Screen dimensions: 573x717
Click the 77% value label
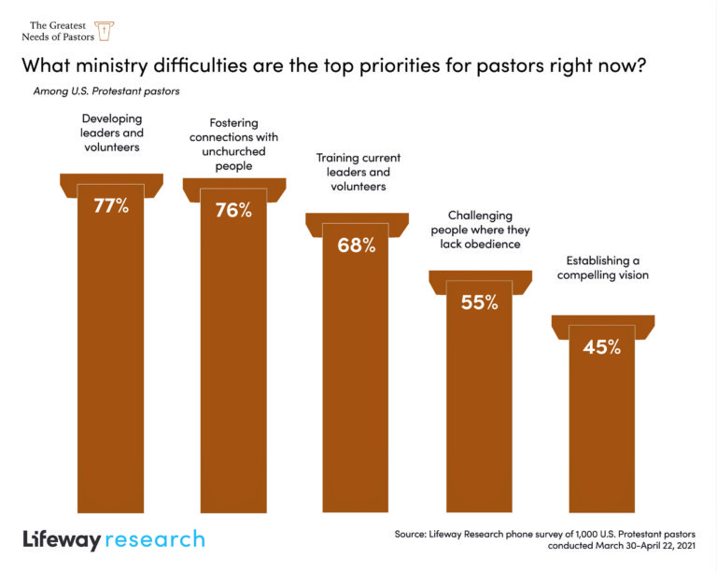111,206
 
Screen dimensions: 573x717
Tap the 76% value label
233,210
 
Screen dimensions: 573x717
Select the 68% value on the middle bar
356,245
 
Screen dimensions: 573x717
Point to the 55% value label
479,302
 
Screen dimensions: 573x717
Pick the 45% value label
601,347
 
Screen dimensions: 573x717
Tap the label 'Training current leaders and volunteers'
355,172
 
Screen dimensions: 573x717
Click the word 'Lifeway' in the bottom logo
62,539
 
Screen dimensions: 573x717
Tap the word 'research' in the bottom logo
155,539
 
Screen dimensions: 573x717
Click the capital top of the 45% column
602,324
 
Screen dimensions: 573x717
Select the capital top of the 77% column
111,183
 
